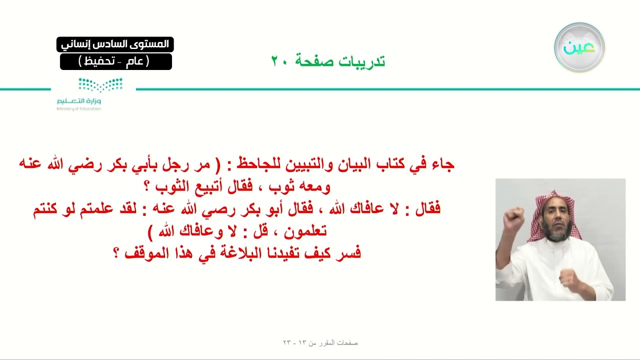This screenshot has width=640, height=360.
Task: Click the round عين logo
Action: click(x=579, y=47)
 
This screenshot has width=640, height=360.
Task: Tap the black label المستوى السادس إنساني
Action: click(x=115, y=44)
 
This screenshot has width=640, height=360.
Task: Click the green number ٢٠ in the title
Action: click(x=278, y=61)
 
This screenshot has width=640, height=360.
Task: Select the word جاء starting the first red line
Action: click(x=443, y=164)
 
